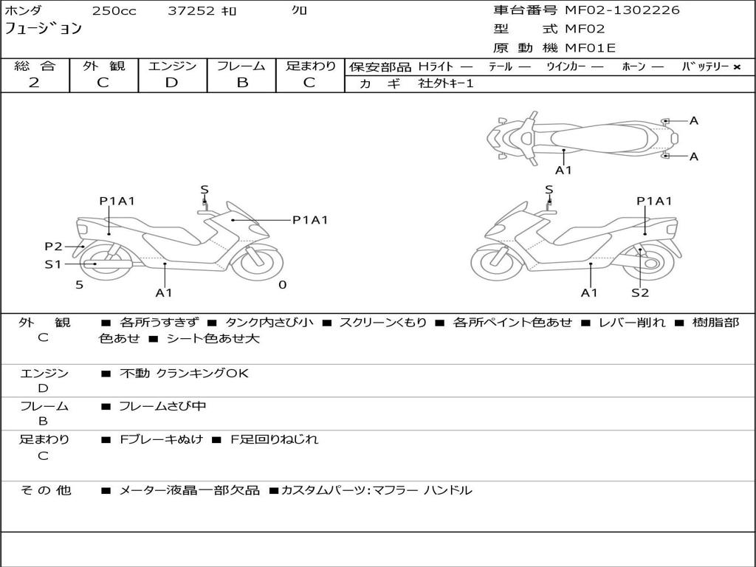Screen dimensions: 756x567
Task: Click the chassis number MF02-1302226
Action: (x=622, y=10)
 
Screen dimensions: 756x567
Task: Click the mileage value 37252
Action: (x=191, y=11)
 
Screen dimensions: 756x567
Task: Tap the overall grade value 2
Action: (x=34, y=83)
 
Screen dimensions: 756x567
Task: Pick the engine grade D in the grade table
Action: (x=171, y=83)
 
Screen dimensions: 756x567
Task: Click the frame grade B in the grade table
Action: (x=241, y=83)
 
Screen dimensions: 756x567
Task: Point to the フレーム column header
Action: (x=241, y=66)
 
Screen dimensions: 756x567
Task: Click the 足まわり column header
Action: (x=311, y=66)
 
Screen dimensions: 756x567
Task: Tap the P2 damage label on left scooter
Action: (x=53, y=247)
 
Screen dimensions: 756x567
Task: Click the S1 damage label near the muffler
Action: (x=53, y=264)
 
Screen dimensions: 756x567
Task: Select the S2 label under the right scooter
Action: (x=639, y=292)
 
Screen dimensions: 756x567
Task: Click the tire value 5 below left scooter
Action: (x=79, y=284)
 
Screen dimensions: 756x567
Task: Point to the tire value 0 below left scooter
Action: (x=282, y=284)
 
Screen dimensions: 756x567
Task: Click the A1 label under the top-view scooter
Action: (x=563, y=170)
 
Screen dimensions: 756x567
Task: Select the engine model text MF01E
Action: (x=590, y=48)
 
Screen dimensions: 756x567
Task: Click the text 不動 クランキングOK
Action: (x=184, y=374)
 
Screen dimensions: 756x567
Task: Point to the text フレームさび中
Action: (x=162, y=407)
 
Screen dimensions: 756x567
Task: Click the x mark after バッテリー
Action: (x=736, y=66)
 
